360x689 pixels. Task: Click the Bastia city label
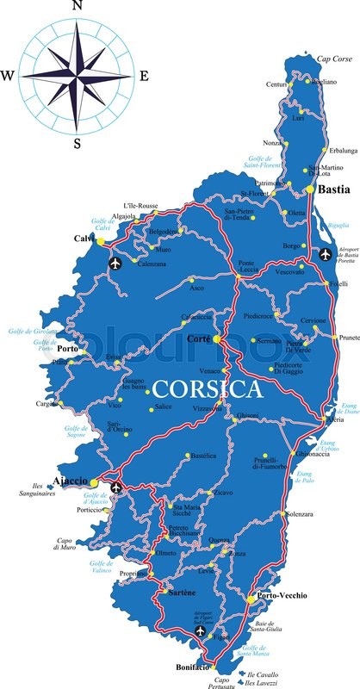pos(334,189)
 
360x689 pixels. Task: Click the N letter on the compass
pos(78,6)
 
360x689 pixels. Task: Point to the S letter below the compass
pos(77,143)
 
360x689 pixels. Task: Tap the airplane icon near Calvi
pos(116,263)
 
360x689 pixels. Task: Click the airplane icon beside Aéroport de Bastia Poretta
pos(326,254)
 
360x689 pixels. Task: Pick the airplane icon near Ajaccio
pos(117,488)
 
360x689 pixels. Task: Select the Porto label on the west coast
pos(69,349)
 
